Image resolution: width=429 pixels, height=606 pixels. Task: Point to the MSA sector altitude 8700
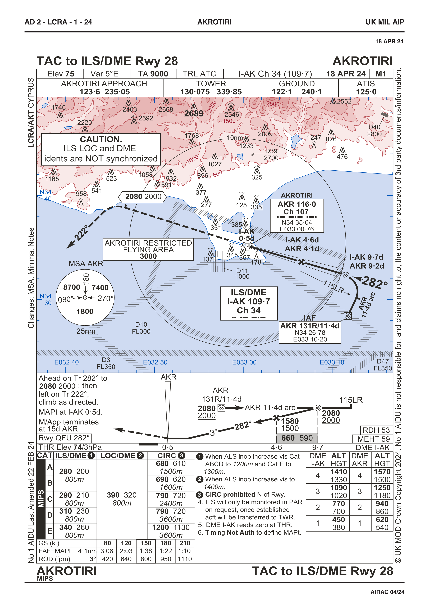72,287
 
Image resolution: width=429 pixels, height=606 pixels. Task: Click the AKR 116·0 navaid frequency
297,204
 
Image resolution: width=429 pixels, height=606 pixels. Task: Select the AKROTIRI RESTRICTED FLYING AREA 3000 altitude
148,256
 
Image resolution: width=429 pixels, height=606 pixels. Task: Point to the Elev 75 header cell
61,74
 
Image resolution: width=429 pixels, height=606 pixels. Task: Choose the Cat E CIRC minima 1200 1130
171,527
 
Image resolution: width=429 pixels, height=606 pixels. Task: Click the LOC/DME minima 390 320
122,495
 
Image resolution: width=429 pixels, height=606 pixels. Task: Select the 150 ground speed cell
146,543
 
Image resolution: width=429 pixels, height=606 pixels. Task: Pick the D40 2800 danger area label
375,130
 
